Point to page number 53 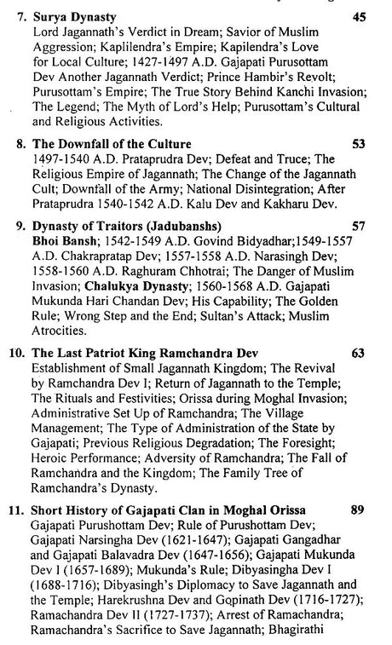(359, 144)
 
